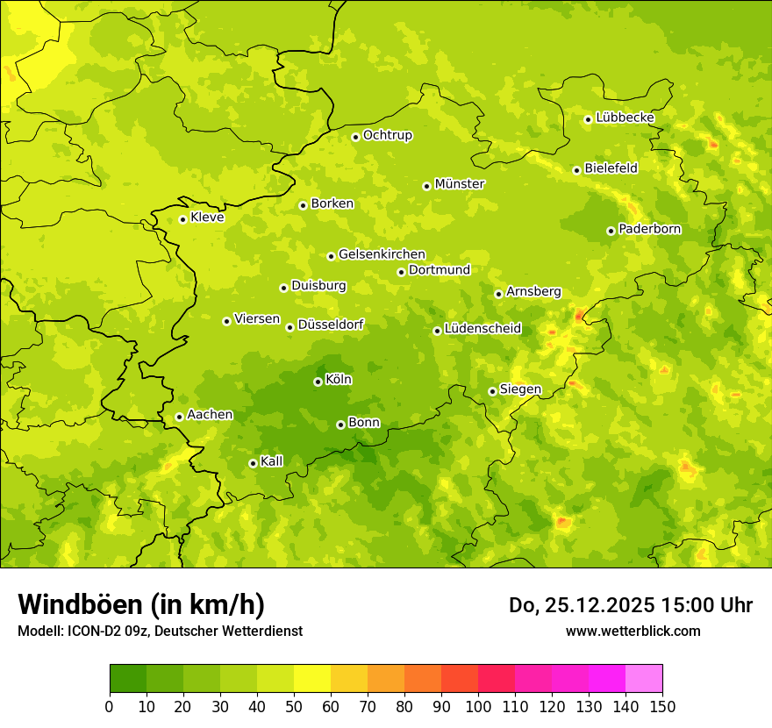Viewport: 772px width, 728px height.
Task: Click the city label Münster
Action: pyautogui.click(x=460, y=184)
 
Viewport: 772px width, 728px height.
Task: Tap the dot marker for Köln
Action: pyautogui.click(x=318, y=382)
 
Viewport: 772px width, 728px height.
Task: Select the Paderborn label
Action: pyautogui.click(x=649, y=229)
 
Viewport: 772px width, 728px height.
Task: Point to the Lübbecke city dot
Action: pyautogui.click(x=588, y=119)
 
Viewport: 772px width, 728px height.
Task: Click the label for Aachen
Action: pyautogui.click(x=210, y=415)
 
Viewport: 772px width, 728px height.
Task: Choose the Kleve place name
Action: pyautogui.click(x=207, y=218)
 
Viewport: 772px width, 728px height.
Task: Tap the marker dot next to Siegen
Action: pyautogui.click(x=492, y=391)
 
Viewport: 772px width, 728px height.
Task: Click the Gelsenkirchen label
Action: pyautogui.click(x=382, y=254)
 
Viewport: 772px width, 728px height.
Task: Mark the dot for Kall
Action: pyautogui.click(x=253, y=463)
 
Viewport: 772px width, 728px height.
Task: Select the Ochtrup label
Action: pyautogui.click(x=387, y=135)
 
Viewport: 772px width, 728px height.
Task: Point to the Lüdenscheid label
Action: pyautogui.click(x=482, y=329)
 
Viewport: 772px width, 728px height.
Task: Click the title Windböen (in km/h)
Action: pyautogui.click(x=141, y=604)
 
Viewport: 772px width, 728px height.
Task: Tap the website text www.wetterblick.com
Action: pyautogui.click(x=633, y=631)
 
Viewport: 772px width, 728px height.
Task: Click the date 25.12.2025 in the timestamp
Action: pyautogui.click(x=585, y=605)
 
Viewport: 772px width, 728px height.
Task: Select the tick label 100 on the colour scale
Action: pyautogui.click(x=478, y=706)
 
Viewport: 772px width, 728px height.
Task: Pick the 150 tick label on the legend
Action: pyautogui.click(x=662, y=706)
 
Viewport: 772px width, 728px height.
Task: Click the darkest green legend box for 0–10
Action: pyautogui.click(x=128, y=679)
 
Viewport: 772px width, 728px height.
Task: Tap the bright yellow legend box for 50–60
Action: pyautogui.click(x=312, y=679)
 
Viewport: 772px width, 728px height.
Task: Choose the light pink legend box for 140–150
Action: pyautogui.click(x=644, y=679)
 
